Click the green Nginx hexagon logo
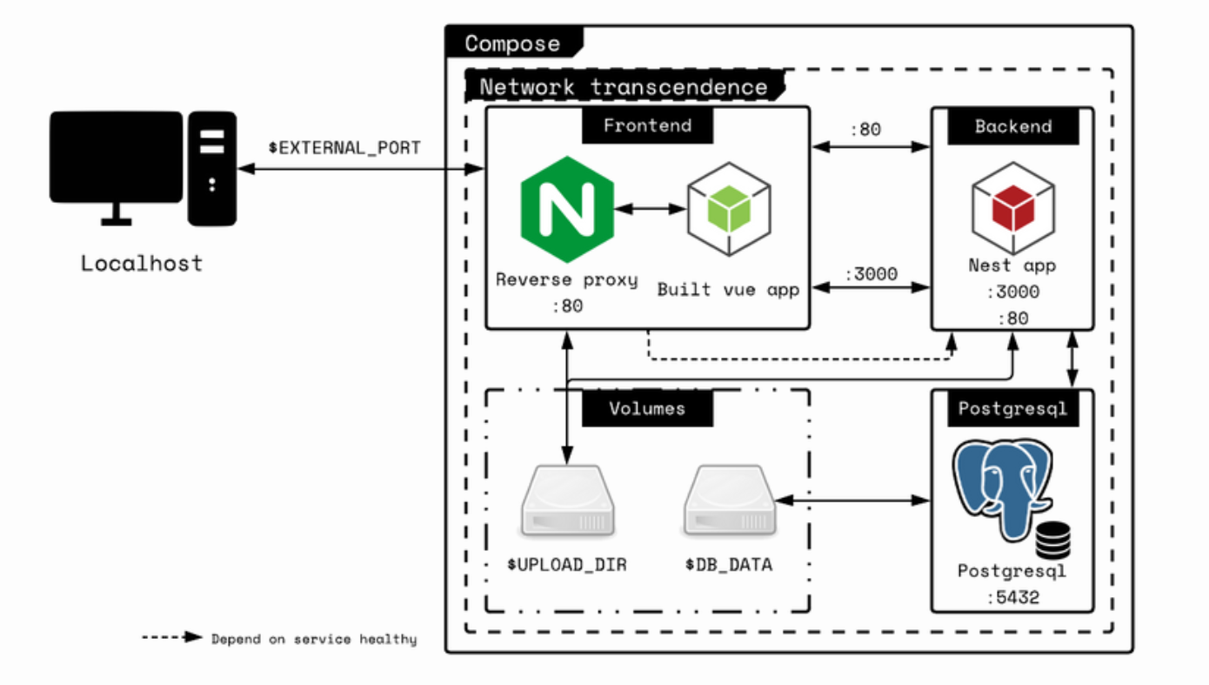567,210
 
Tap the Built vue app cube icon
729,208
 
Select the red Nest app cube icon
1012,208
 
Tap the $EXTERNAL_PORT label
344,148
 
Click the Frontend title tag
647,125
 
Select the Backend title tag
1012,126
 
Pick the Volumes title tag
647,408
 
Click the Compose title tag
512,44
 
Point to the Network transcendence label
623,87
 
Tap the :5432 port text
1012,598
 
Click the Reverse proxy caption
566,280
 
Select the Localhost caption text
142,263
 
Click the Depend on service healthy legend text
314,640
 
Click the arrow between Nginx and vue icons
650,209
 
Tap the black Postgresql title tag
1012,408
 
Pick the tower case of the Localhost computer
212,168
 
